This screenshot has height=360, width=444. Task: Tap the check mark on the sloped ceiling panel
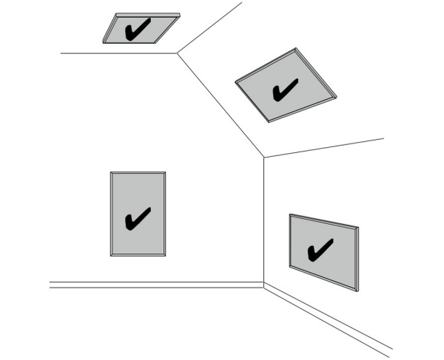[284, 90]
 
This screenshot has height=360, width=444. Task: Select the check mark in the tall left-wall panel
[138, 218]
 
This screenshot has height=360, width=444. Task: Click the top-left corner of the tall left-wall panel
[111, 172]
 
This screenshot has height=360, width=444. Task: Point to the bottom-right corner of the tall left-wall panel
[165, 256]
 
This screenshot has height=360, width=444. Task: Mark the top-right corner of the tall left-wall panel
[165, 172]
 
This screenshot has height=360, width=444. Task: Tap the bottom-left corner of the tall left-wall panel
[111, 256]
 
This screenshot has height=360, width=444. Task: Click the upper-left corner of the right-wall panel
[289, 214]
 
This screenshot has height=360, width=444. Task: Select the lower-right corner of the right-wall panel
[357, 291]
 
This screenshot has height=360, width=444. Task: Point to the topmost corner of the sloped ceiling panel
[297, 49]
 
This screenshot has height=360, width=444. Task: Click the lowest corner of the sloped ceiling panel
[269, 121]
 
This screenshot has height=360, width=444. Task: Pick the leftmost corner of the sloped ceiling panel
[235, 81]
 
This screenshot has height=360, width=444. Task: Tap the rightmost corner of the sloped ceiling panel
[336, 96]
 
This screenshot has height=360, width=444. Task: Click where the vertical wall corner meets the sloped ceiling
[264, 157]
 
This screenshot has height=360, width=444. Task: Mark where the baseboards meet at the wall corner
[264, 285]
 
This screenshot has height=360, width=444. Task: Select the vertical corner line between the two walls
[264, 222]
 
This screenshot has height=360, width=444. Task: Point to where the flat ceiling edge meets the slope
[178, 52]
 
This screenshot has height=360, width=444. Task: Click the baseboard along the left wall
[148, 285]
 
